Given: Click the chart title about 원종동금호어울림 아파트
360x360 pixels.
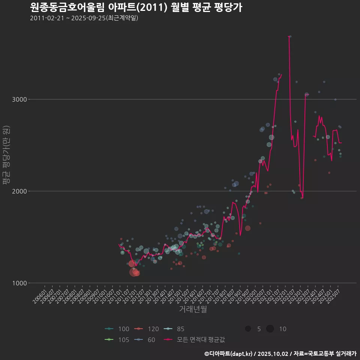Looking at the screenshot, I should pos(136,7).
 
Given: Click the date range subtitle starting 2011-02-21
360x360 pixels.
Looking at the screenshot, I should pos(84,18).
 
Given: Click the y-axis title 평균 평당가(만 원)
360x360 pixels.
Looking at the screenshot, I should pos(6,155).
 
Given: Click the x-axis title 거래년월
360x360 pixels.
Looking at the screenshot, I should pos(193,309).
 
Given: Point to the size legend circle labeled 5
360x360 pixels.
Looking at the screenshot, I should pos(248,329).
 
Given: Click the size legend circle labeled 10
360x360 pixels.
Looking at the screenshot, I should pos(270,329).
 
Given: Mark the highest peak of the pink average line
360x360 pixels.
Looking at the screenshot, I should pos(288,36).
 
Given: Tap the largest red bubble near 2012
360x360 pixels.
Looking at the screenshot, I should pos(133,272).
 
